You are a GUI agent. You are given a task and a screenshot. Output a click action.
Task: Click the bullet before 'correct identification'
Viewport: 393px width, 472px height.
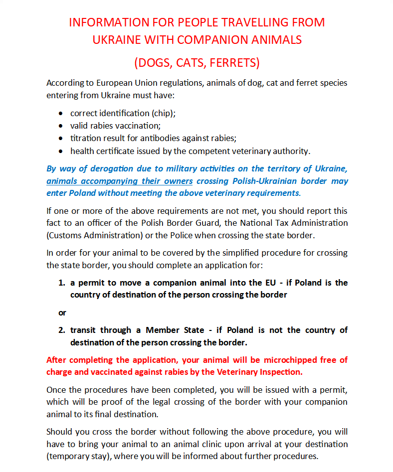(60, 113)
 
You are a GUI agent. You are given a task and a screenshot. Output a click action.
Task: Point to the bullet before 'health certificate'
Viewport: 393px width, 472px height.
(60, 151)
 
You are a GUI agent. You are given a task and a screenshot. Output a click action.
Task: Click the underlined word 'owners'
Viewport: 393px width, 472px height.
(176, 181)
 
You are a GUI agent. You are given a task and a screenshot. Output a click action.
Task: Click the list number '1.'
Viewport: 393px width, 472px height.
(62, 283)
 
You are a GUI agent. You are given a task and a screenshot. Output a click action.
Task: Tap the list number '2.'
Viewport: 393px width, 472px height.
(62, 330)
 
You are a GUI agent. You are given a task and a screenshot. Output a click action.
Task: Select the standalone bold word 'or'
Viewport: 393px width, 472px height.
(62, 313)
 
